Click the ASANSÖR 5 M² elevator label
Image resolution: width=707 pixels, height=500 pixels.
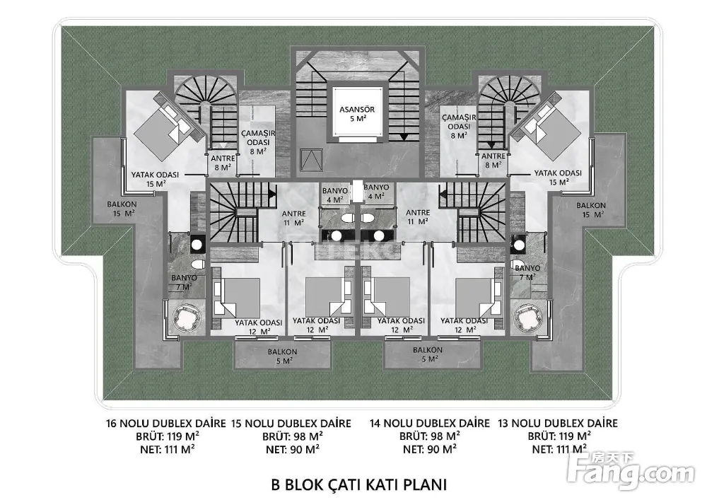pos(357,114)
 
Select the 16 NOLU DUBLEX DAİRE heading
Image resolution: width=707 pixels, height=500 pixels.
pos(164,424)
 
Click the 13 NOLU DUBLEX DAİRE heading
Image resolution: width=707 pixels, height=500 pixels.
pos(558,424)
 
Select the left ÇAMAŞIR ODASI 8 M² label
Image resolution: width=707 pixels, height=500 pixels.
pos(257,141)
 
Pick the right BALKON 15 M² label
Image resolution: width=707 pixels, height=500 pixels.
pos(590,209)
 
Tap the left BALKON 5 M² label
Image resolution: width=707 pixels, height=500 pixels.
pos(283,356)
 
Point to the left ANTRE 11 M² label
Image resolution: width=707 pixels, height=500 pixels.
pos(293,216)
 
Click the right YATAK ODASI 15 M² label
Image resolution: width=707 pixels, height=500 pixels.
pos(558,177)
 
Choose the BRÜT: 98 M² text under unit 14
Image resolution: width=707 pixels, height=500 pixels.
pos(429,436)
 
